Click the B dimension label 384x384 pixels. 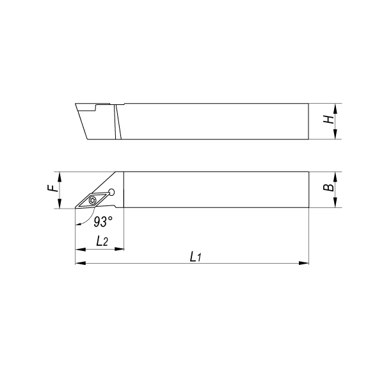pyautogui.click(x=331, y=188)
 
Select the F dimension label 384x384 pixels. pyautogui.click(x=52, y=188)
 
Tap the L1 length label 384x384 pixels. pyautogui.click(x=196, y=257)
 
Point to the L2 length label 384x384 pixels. pyautogui.click(x=102, y=241)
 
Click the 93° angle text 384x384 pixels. pyautogui.click(x=103, y=221)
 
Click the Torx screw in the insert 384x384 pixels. pyautogui.click(x=93, y=200)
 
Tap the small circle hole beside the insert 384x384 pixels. pyautogui.click(x=111, y=192)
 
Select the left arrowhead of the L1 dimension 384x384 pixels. pyautogui.click(x=81, y=263)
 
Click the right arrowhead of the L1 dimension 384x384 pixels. pyautogui.click(x=303, y=263)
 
